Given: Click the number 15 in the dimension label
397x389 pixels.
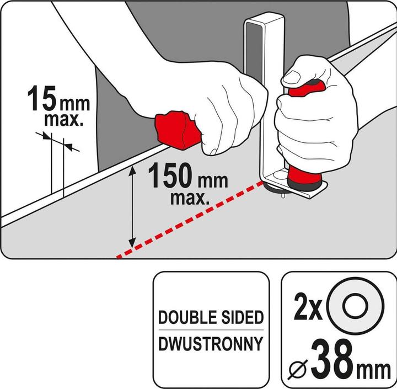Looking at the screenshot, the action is [x=41, y=98].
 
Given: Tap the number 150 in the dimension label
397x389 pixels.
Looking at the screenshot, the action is [x=171, y=175].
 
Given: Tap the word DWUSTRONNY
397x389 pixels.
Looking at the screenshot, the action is [x=211, y=343].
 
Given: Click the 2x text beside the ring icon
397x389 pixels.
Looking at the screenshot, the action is [x=308, y=307].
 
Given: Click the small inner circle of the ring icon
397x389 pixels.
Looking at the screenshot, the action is [x=355, y=306].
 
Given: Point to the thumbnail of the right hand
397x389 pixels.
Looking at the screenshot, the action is [x=292, y=77].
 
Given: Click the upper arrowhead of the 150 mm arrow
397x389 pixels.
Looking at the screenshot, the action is [x=132, y=170].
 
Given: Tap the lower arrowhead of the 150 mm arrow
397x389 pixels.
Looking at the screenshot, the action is [x=132, y=242].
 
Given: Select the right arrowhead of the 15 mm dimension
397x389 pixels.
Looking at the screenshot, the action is [x=68, y=146].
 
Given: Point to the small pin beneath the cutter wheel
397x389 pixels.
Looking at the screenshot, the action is [x=283, y=195].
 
